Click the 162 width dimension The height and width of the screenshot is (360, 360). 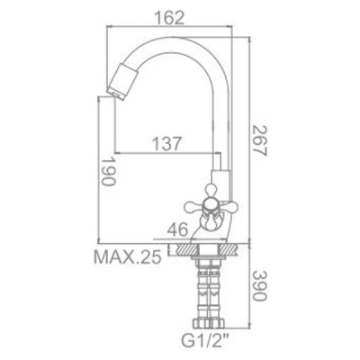[169, 18]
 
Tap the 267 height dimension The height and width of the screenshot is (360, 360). [259, 140]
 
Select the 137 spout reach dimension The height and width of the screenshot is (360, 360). [167, 144]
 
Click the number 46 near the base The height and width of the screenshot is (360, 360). [177, 230]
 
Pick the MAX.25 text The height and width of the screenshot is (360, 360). [128, 257]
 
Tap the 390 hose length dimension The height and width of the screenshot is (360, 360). [259, 286]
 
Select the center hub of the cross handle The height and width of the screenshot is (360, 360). [210, 206]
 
